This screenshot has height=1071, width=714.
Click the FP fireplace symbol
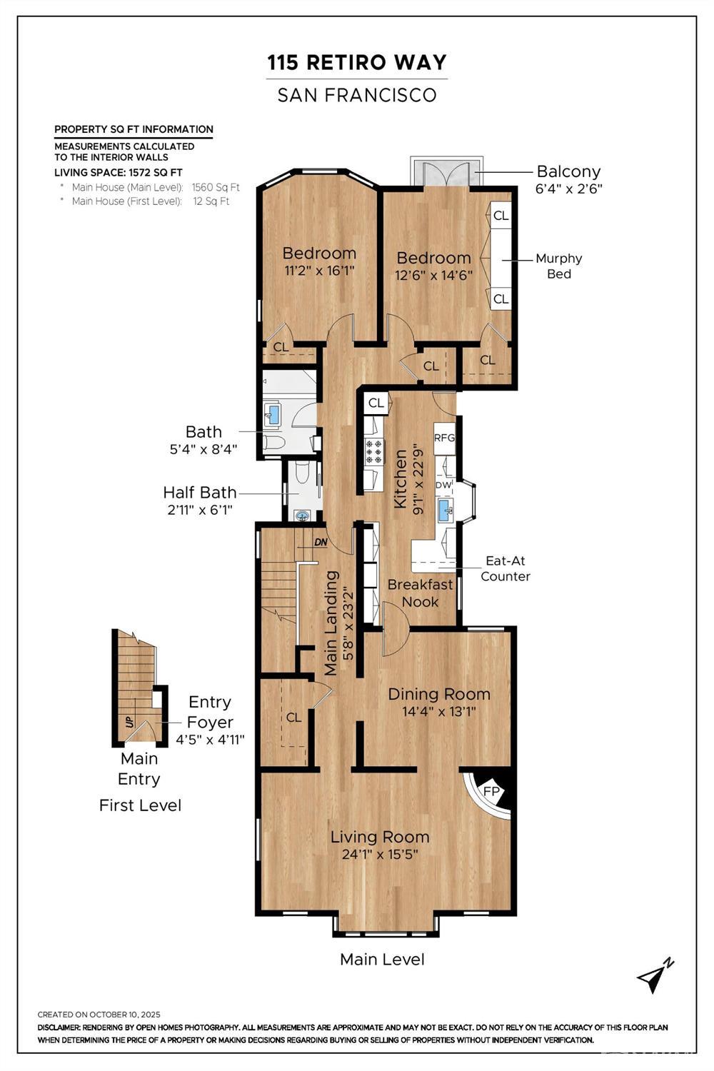[x=491, y=792]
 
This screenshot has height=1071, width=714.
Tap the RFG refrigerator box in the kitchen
[x=444, y=438]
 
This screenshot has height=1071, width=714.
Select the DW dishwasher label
[x=443, y=485]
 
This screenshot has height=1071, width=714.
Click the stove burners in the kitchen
[x=374, y=452]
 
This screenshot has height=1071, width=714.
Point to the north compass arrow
[x=655, y=976]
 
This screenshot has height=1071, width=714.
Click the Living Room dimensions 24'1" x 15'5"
[x=379, y=854]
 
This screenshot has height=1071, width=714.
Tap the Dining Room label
[x=438, y=694]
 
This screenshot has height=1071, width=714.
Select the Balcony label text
[x=568, y=171]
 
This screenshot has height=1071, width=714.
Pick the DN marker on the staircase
[x=321, y=542]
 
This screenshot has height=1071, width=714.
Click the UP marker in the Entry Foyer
[x=129, y=721]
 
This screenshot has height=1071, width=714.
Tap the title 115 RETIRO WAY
[x=357, y=63]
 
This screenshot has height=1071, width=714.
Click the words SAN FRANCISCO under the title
[x=357, y=95]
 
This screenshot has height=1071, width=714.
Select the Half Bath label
[x=199, y=492]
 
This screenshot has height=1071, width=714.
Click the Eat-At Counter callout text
[x=505, y=568]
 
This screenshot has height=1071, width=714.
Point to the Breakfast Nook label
[x=420, y=593]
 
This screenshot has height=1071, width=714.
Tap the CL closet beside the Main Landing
[x=293, y=717]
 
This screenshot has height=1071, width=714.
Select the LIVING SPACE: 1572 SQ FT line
[x=119, y=172]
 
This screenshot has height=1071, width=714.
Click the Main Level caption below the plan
[x=382, y=959]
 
